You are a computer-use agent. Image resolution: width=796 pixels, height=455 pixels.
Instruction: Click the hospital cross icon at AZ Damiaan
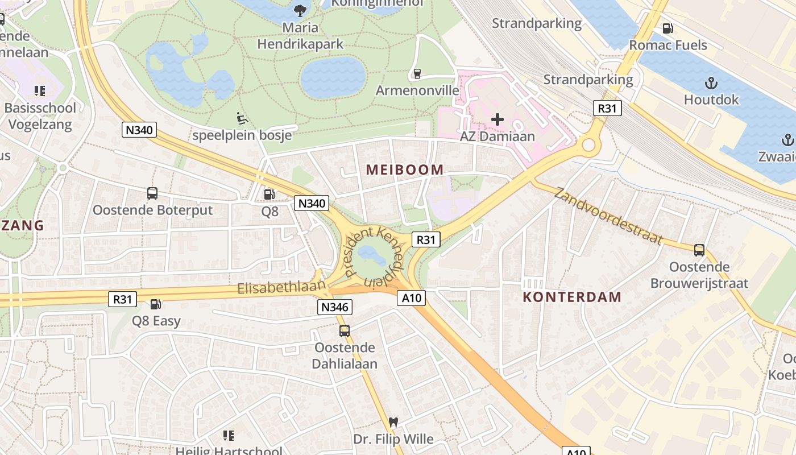pos(498,119)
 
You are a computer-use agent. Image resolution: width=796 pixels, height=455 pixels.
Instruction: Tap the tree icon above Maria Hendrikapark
pos(300,10)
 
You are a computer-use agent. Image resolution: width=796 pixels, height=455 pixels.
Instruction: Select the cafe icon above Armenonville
pos(417,74)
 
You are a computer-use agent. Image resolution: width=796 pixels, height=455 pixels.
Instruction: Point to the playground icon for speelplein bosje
pos(242,118)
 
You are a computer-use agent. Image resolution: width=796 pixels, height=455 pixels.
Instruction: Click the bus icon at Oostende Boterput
pos(152,193)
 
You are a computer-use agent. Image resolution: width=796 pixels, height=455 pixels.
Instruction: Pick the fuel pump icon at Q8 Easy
pos(155,304)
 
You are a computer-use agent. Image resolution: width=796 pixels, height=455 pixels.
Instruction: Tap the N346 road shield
pos(335,308)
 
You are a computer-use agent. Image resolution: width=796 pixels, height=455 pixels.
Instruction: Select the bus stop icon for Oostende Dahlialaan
pos(345,330)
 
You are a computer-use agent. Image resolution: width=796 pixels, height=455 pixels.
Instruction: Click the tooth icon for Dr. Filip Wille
pos(392,423)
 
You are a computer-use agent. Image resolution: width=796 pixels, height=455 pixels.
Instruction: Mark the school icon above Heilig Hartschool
pos(229,436)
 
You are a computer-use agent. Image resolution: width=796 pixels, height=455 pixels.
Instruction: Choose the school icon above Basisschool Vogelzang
pos(39,91)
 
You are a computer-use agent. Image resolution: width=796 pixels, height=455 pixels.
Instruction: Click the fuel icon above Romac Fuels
pos(668,28)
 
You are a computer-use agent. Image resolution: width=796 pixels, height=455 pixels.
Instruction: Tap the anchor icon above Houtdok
pos(711,83)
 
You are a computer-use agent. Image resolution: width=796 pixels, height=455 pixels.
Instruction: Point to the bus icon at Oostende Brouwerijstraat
pos(699,250)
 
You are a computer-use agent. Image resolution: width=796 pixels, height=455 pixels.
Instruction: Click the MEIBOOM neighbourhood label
pos(405,169)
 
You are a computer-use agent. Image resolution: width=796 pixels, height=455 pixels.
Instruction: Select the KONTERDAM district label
pos(572,297)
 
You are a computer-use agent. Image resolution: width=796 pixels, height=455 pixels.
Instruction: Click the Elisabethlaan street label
pos(281,288)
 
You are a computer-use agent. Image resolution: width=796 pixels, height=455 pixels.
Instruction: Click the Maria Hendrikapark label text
pos(300,35)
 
